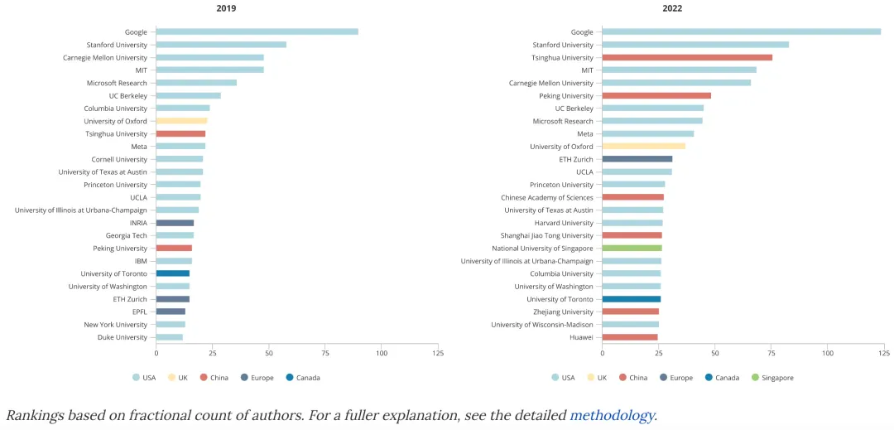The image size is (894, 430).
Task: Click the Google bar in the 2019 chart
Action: point(257,31)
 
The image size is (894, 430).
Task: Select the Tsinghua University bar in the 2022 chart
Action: point(686,57)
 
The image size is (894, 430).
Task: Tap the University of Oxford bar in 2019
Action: point(181,121)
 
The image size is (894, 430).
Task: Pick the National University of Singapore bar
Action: point(632,248)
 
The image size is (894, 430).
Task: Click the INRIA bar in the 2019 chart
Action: point(175,223)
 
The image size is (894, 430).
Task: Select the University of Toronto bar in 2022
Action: point(631,299)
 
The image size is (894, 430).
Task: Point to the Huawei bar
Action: point(629,337)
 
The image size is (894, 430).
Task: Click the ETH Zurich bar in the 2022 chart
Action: point(637,159)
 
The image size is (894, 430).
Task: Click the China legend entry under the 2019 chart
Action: point(215,378)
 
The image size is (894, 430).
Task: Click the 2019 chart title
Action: point(226,8)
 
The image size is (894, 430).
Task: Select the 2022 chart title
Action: point(672,8)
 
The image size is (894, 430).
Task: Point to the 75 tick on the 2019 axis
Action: point(325,354)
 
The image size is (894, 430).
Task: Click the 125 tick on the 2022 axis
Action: point(883,354)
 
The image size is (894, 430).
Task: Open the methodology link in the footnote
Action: point(612,415)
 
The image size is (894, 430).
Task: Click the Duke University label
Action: point(122,337)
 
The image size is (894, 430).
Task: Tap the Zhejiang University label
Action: point(565,312)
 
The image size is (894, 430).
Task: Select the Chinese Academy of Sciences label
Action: point(547,197)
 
